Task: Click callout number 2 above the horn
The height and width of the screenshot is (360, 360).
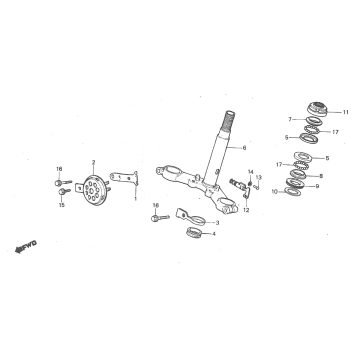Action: click(x=92, y=161)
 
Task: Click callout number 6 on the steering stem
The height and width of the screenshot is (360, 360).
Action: click(x=243, y=148)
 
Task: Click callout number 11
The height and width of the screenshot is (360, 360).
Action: click(x=346, y=111)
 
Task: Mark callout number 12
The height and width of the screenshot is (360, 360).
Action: click(x=246, y=210)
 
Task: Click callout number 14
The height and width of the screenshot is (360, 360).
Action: click(x=250, y=172)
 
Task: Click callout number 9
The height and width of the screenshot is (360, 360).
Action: click(x=318, y=185)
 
